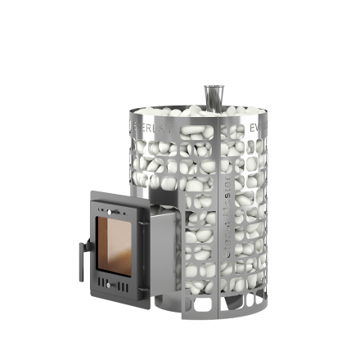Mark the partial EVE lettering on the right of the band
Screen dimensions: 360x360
(x=254, y=128)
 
